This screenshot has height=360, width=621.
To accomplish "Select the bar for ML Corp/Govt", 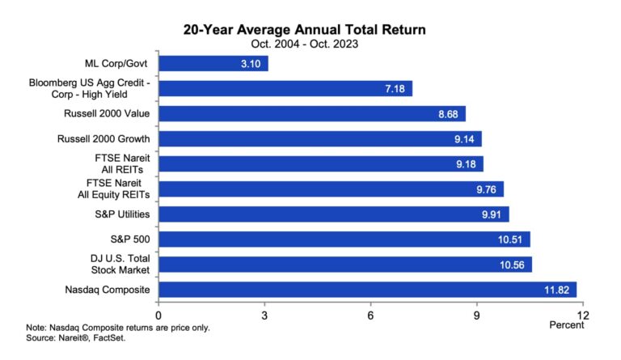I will [x=213, y=63].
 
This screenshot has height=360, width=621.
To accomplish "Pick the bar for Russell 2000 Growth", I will [x=319, y=138].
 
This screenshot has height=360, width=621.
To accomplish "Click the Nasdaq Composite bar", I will [x=367, y=290].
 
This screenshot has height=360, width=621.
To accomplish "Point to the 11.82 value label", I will [x=560, y=290].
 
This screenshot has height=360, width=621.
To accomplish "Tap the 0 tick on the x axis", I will [x=158, y=315].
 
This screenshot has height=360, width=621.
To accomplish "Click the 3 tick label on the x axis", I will [x=264, y=315].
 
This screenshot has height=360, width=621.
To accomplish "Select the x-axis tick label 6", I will [x=370, y=315].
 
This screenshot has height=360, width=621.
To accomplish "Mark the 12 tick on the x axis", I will [x=581, y=315].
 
